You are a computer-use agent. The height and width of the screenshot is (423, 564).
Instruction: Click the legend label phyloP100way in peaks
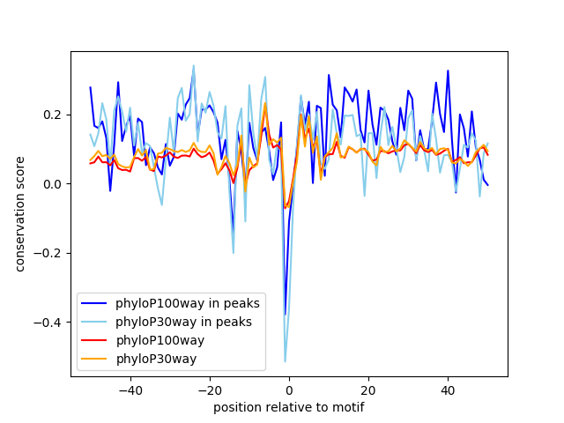(188, 303)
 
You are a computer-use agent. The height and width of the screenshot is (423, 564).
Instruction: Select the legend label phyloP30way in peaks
(183, 322)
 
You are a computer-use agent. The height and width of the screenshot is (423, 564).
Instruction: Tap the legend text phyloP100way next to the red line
(160, 340)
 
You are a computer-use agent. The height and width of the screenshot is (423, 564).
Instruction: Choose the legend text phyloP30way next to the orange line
(156, 359)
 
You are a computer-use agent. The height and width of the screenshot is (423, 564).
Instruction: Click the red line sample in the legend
(94, 340)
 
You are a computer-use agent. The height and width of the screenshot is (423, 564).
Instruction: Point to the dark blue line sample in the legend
(94, 303)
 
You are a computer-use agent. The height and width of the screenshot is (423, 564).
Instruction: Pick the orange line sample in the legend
(94, 359)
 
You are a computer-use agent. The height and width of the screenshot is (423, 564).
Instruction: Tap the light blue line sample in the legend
(94, 322)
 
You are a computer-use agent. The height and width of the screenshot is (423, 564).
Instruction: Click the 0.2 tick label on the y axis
(53, 115)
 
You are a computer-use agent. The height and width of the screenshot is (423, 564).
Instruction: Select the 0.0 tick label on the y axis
(53, 184)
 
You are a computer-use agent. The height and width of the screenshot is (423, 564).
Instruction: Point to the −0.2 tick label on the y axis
(48, 253)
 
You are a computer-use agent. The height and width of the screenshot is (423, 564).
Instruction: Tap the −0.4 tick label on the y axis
(48, 323)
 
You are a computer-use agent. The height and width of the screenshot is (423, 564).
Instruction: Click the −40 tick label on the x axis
(130, 390)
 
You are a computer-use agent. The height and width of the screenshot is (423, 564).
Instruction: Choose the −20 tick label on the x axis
(210, 390)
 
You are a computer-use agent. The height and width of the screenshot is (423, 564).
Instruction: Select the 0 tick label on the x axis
(289, 390)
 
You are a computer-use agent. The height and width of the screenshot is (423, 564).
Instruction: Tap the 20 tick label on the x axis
(368, 390)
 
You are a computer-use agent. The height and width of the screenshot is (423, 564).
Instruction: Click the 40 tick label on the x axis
(448, 390)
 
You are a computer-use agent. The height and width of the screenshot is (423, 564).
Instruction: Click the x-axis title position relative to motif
(289, 407)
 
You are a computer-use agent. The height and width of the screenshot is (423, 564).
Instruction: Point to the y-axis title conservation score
(19, 214)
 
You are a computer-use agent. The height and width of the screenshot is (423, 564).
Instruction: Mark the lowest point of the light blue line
(286, 361)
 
